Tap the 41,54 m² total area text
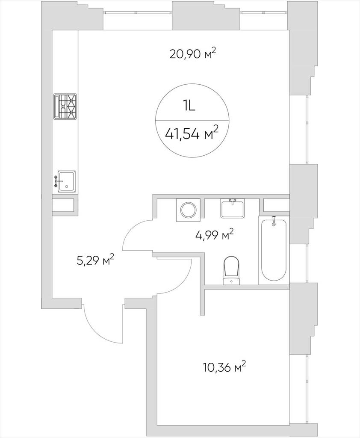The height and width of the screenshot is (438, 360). coord(192,133)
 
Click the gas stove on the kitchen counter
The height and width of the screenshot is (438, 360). coord(65,107)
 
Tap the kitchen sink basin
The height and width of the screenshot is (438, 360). coord(66,181)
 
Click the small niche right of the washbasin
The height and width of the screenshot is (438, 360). coord(276,205)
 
